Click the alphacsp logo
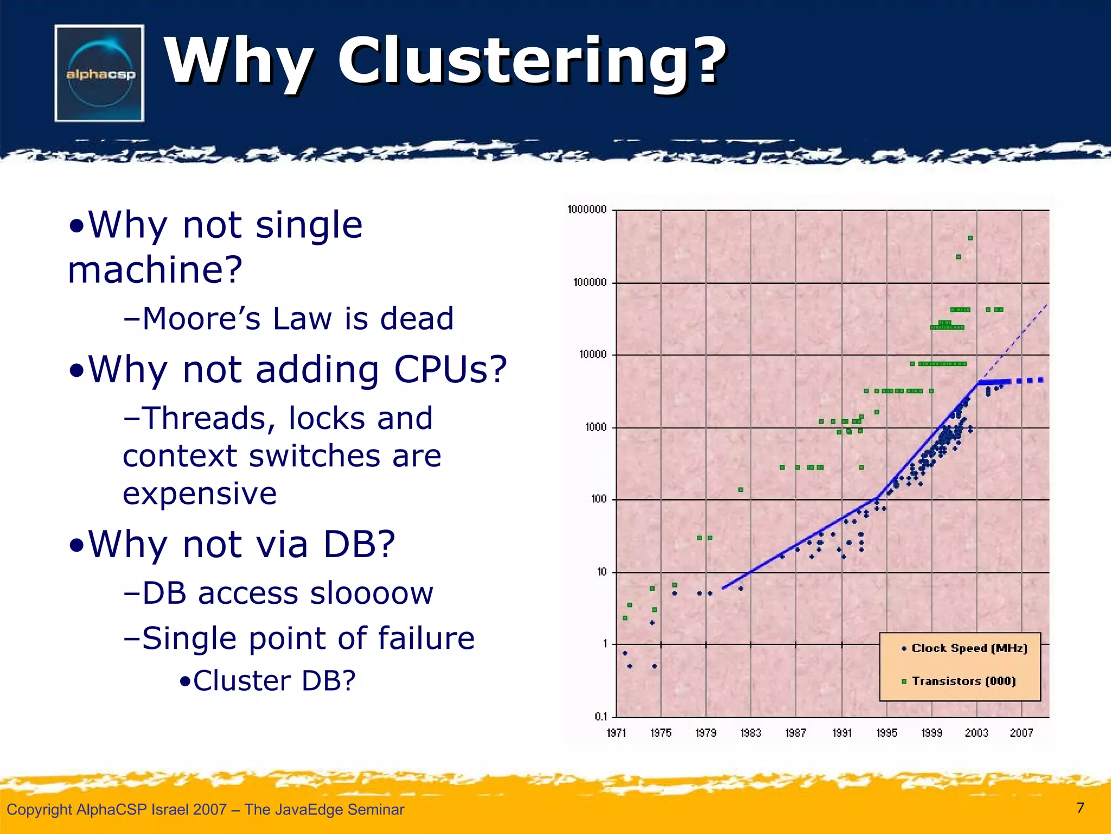tap(99, 73)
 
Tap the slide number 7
tap(1080, 808)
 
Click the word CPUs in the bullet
tap(450, 370)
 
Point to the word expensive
tap(200, 494)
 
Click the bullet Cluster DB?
tap(268, 681)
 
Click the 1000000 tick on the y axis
tap(586, 210)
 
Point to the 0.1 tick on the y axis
tap(601, 717)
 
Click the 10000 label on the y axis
tap(592, 355)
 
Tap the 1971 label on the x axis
tap(616, 733)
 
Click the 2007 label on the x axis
tap(1021, 733)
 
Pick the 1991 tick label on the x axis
tap(842, 733)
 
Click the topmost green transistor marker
tap(970, 238)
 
